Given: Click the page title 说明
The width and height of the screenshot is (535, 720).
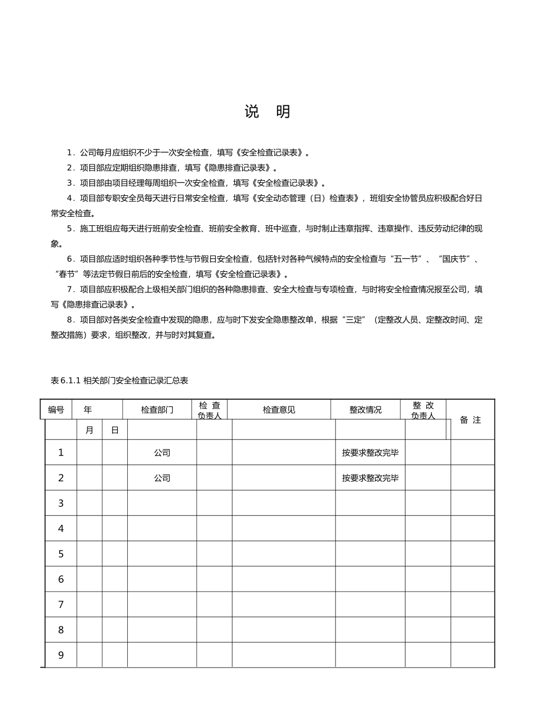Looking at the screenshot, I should click(x=267, y=111).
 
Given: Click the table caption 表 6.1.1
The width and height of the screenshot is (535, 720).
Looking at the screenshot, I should click(x=119, y=381).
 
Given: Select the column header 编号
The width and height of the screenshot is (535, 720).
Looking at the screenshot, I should click(x=56, y=410).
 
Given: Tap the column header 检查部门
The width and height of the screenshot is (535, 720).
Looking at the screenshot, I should click(x=157, y=410).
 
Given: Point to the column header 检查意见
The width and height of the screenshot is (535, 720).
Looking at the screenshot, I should click(x=279, y=410).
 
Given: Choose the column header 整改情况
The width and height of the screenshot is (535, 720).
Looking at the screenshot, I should click(x=365, y=410).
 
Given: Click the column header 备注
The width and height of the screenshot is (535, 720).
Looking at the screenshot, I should click(x=470, y=420).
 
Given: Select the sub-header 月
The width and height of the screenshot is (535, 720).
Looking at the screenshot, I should click(x=89, y=430).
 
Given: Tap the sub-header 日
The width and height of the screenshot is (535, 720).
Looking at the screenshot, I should click(x=115, y=430).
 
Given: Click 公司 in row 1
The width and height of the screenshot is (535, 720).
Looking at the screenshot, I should click(x=162, y=453).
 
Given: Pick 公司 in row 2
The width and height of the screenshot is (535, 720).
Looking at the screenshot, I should click(x=162, y=478).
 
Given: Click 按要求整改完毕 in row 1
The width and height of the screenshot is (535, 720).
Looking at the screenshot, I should click(x=370, y=453).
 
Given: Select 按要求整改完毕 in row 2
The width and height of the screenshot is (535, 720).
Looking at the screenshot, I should click(x=370, y=478).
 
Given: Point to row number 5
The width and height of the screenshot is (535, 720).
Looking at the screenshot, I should click(x=61, y=554).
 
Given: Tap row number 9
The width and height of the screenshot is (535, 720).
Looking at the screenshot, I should click(x=61, y=655).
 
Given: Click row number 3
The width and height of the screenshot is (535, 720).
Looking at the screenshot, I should click(x=61, y=503).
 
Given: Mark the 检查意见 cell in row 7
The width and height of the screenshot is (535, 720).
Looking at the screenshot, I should click(x=283, y=605).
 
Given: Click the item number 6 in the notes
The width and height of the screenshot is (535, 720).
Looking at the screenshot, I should click(x=71, y=259).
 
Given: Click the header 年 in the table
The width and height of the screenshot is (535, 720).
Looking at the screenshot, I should click(x=88, y=410).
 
